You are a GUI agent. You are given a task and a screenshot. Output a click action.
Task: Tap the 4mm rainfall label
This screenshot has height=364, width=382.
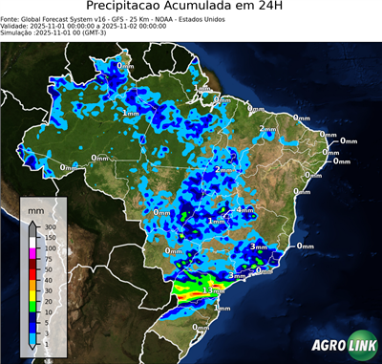coord(245,209)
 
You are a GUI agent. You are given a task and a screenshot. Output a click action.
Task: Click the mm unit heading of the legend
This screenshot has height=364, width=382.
coord(36,208)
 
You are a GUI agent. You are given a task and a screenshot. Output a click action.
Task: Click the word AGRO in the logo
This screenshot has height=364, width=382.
coord(326,345)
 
